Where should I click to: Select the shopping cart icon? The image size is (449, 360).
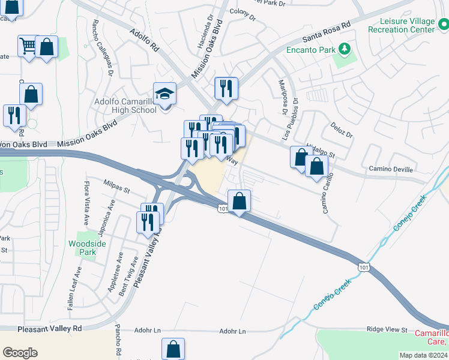click(28, 46)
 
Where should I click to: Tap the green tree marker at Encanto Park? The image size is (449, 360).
click(345, 48)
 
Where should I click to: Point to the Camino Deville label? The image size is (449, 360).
click(391, 170)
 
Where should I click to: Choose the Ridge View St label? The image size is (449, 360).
click(387, 330)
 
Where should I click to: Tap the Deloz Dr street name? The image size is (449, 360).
click(340, 129)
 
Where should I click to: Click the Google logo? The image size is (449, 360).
click(20, 353)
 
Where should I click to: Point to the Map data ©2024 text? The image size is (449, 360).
click(423, 355)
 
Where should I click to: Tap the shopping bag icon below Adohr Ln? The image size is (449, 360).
click(173, 348)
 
